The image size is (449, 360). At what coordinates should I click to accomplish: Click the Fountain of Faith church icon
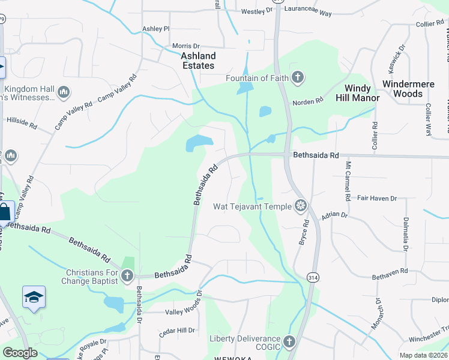297,77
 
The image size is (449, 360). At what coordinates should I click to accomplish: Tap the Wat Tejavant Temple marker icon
300,206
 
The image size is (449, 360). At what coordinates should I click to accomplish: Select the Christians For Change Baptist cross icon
127,275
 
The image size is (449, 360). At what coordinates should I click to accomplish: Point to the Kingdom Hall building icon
64,92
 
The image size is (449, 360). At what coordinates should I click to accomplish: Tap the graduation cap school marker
34,297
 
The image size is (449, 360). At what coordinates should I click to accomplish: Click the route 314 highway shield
313,278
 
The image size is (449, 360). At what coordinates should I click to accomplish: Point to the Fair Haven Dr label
377,198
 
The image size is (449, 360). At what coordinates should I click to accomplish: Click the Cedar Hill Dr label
178,330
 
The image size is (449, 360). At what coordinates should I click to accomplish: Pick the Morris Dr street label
185,46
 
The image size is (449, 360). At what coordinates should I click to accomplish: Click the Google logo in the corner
19,353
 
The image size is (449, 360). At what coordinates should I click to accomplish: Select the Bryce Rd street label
304,232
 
